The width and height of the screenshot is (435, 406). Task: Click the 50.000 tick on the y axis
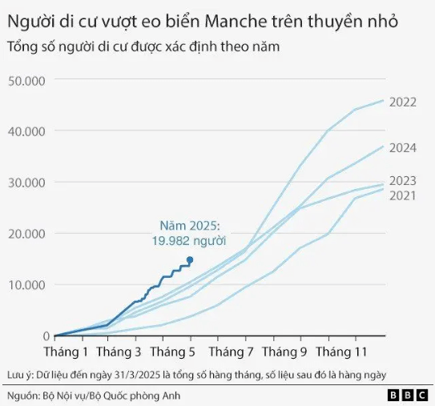[26, 80]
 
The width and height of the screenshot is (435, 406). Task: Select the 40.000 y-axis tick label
[26, 131]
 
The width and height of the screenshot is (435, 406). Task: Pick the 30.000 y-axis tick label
[26, 183]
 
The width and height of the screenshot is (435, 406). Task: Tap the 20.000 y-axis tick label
[26, 234]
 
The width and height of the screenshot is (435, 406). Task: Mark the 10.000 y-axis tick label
[26, 285]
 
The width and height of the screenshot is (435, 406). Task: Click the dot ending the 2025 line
[190, 259]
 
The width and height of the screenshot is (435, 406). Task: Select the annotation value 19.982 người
[189, 240]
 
